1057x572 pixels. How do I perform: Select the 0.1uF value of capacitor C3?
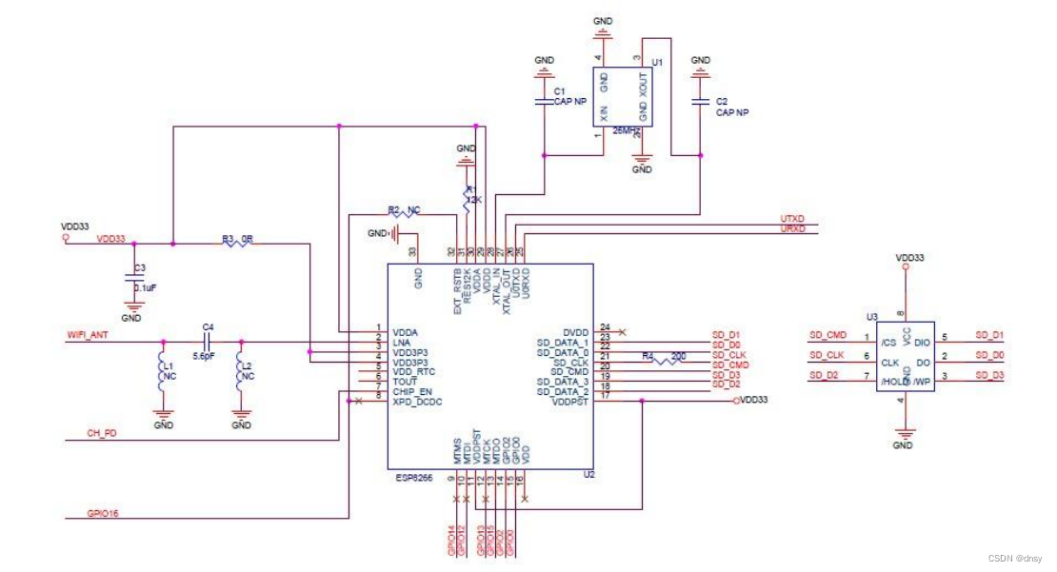pyautogui.click(x=145, y=286)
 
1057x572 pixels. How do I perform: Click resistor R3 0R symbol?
pyautogui.click(x=238, y=244)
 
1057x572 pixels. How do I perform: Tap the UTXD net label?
pyautogui.click(x=792, y=220)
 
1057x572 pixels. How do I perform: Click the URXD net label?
pyautogui.click(x=792, y=229)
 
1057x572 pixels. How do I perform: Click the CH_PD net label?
pyautogui.click(x=101, y=435)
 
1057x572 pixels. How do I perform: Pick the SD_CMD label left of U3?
pyautogui.click(x=828, y=335)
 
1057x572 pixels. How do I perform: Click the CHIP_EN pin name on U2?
pyautogui.click(x=412, y=392)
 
